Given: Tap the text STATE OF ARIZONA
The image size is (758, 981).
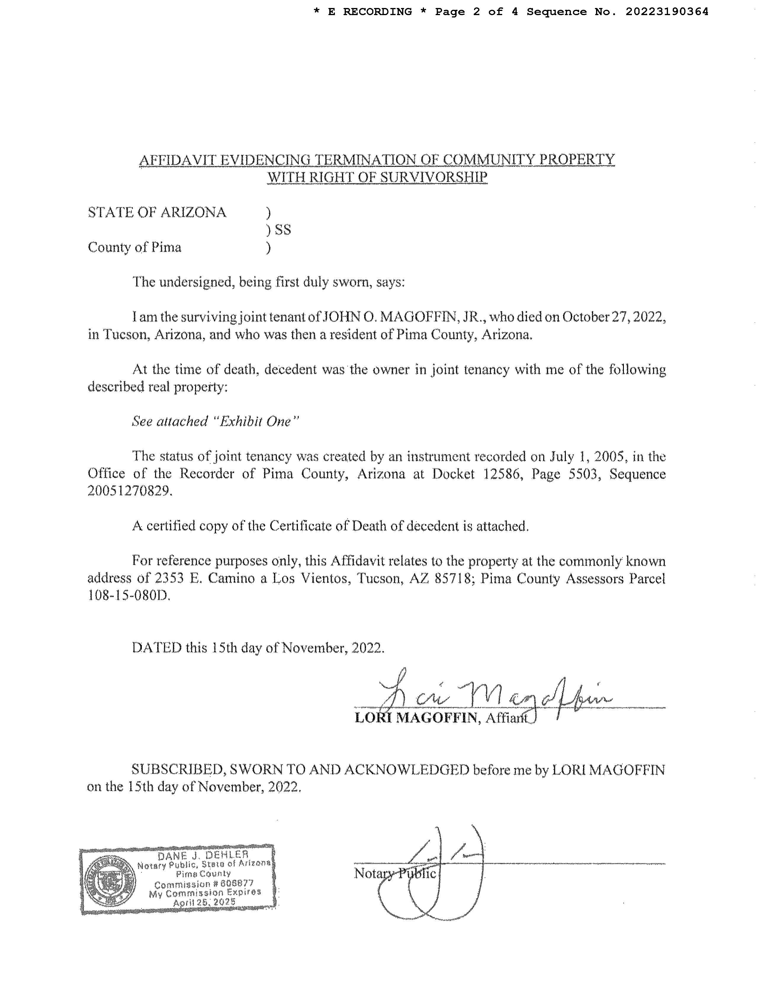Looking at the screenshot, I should (x=157, y=212).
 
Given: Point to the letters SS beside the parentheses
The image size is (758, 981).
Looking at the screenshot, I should (x=283, y=230).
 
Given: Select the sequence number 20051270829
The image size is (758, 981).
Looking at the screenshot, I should (x=129, y=491).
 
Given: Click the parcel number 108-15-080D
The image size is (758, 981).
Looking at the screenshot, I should (x=129, y=596).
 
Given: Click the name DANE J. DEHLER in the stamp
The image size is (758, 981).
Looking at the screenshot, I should (x=203, y=855).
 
